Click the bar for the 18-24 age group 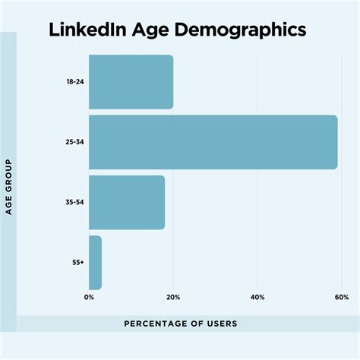(x=131, y=82)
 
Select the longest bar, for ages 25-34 (x=213, y=142)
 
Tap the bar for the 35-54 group (x=127, y=202)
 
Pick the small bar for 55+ (x=95, y=262)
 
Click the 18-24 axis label (x=74, y=82)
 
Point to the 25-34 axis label (x=74, y=142)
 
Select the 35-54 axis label (x=74, y=203)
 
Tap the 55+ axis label (x=77, y=263)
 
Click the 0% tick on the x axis (x=90, y=297)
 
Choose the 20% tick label (x=173, y=297)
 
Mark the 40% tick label (x=257, y=297)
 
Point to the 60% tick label (x=341, y=297)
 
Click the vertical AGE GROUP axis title (x=9, y=187)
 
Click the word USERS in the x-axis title (x=220, y=324)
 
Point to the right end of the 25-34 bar (x=336, y=142)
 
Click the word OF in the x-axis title (x=194, y=324)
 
